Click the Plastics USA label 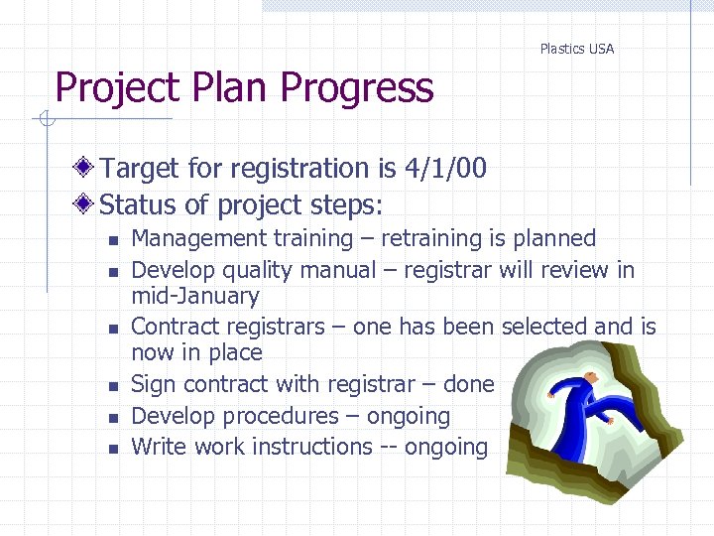576,49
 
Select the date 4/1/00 445,169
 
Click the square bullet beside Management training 114,240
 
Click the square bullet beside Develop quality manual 114,272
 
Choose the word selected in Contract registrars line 544,327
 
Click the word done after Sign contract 469,384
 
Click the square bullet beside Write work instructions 114,449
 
